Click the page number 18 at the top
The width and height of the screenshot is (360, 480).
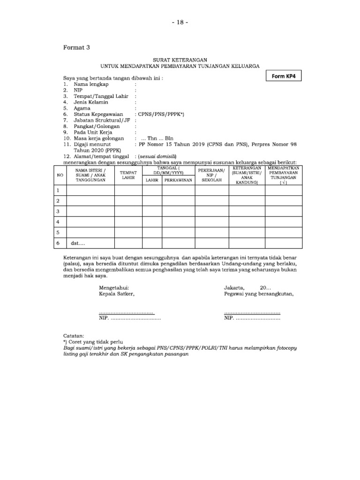point(180,23)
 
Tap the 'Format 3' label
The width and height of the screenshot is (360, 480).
point(76,47)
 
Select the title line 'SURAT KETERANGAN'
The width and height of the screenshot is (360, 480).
point(180,61)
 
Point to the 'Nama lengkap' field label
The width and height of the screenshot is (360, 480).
point(91,84)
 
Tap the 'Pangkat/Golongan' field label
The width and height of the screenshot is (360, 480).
point(97,126)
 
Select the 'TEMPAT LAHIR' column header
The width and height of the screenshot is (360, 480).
point(128,175)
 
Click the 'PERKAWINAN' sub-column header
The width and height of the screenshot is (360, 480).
point(179,180)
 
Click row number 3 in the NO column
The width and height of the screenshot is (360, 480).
point(58,211)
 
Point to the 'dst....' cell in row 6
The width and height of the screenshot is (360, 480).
point(78,243)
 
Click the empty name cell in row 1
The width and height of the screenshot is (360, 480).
point(90,190)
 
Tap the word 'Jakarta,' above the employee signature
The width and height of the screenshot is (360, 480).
point(234,287)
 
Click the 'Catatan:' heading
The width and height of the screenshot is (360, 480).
point(74,336)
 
